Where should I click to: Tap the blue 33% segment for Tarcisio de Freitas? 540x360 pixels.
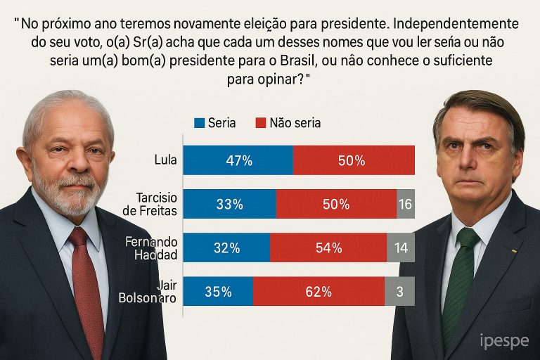point(229,204)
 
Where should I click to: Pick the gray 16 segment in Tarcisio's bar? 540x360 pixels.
point(406,204)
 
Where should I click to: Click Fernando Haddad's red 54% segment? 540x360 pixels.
point(328,247)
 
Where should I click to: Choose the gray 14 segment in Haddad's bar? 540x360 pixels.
point(401,247)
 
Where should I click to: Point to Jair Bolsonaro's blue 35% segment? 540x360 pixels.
point(218,291)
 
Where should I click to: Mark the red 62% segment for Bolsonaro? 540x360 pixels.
point(319,291)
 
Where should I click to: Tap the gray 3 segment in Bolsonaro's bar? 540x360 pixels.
point(399,291)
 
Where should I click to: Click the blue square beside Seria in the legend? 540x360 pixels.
point(199,123)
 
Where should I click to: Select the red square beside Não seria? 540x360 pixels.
point(260,123)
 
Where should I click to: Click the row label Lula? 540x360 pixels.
point(165,160)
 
